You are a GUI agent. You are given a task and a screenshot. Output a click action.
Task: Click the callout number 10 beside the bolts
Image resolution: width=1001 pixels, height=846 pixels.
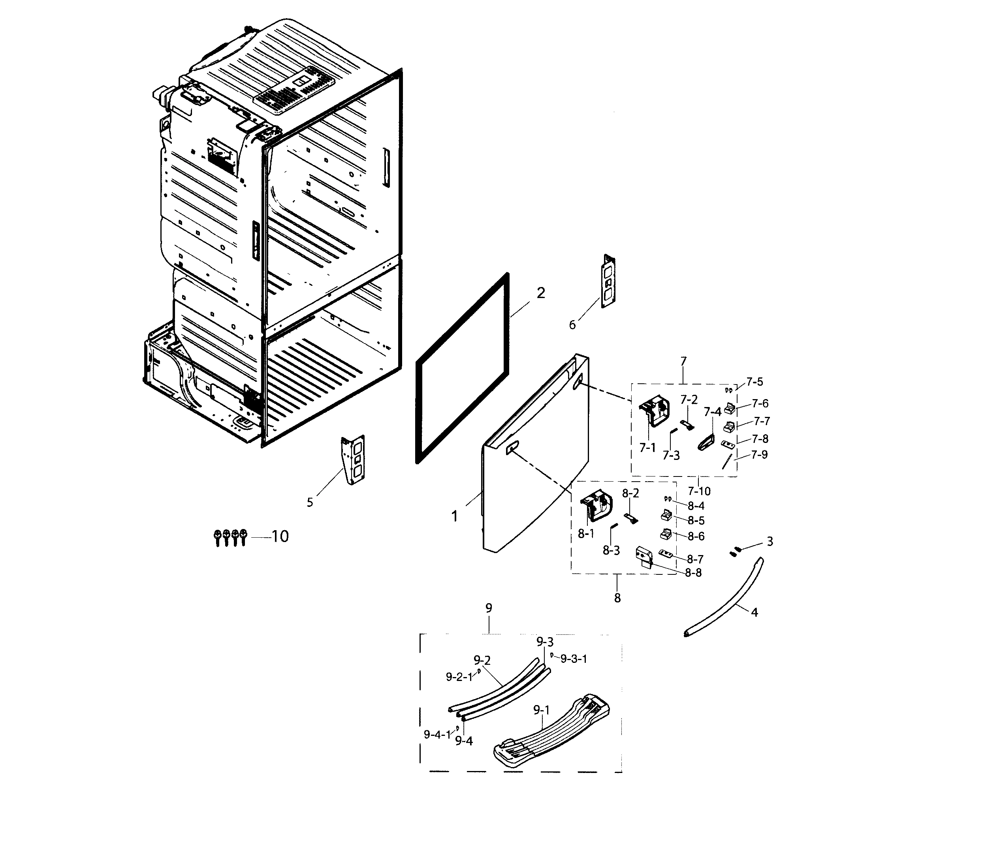click(280, 536)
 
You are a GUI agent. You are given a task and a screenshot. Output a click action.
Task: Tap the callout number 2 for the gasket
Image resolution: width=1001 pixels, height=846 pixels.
click(541, 293)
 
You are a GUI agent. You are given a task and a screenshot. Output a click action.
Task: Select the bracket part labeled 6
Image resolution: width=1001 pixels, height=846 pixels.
click(608, 281)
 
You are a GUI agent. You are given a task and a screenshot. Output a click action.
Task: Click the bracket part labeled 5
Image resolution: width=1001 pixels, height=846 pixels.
click(354, 460)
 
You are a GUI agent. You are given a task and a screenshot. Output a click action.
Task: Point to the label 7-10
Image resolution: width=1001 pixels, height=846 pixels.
click(699, 491)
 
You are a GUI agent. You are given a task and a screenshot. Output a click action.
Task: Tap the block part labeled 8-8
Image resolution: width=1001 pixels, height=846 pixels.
click(644, 557)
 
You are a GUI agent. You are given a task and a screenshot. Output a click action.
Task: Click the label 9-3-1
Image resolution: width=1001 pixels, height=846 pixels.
click(574, 659)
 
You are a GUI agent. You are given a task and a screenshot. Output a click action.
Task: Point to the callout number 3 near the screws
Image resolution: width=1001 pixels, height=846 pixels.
click(770, 542)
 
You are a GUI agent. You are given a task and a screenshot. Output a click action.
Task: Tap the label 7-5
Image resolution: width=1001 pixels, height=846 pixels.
click(755, 382)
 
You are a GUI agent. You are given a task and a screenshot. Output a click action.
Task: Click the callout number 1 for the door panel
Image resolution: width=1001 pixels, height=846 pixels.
click(454, 516)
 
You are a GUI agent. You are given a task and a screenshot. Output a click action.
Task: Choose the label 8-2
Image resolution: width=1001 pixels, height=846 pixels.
click(630, 493)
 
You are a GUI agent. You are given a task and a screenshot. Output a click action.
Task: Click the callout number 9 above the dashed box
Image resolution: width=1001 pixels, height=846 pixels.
click(489, 608)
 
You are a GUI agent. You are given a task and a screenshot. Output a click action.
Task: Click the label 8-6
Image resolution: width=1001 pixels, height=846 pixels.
click(696, 536)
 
